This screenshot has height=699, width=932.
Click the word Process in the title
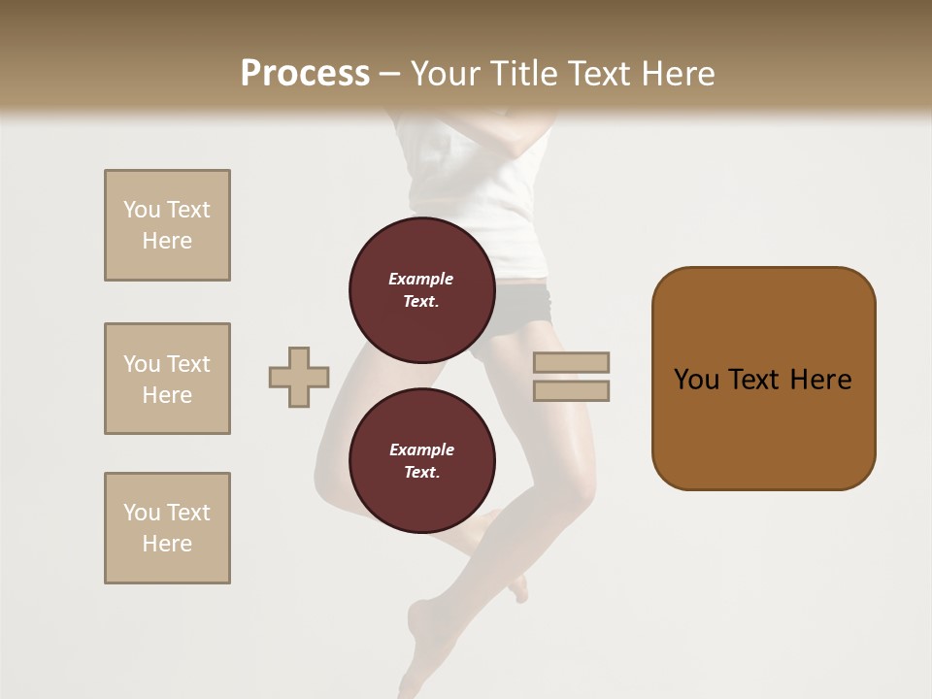(x=305, y=74)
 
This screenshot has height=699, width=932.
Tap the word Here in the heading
(x=679, y=74)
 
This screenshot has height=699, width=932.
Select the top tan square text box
(x=167, y=225)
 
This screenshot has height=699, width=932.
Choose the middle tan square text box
(x=167, y=379)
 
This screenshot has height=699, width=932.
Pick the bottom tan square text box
(x=167, y=528)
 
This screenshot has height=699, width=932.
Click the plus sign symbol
(x=299, y=377)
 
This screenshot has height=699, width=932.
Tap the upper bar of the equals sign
(x=571, y=362)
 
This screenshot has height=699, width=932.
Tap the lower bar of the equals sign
(x=571, y=391)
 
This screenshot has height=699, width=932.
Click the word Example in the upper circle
(x=420, y=279)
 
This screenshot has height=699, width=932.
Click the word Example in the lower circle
(x=421, y=449)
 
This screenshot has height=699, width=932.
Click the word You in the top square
(x=142, y=210)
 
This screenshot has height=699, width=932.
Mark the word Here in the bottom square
(x=167, y=544)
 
